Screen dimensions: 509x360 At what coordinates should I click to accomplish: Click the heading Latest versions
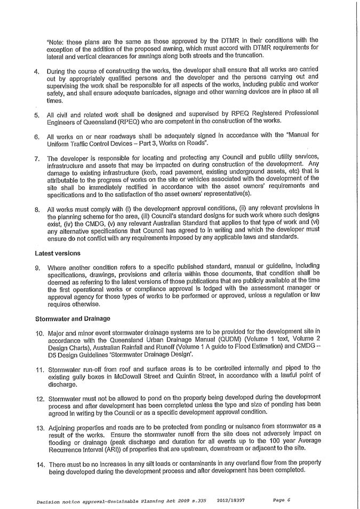[58, 253]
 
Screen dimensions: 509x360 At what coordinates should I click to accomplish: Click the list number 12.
[39, 398]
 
